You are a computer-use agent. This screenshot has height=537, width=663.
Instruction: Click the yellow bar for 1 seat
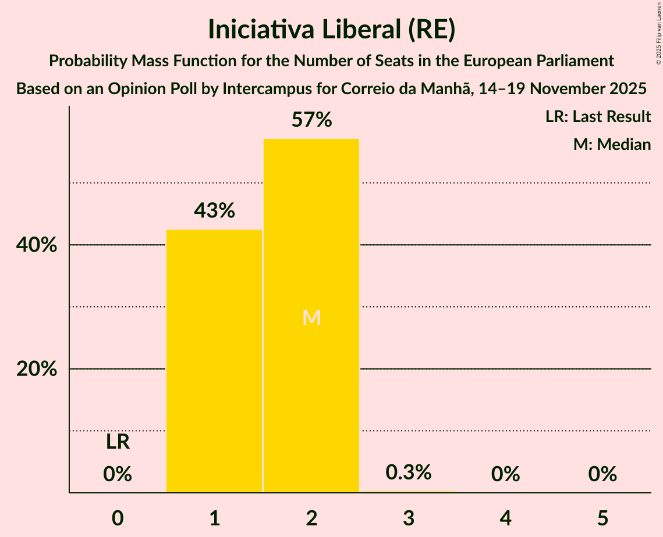214,361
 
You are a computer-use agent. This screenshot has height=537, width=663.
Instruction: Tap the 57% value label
311,120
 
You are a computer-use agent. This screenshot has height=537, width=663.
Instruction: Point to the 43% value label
214,211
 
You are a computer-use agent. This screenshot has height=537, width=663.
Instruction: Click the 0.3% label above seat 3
409,472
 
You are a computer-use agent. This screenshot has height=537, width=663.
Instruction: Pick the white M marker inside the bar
311,317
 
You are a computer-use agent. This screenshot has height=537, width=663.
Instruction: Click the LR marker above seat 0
118,442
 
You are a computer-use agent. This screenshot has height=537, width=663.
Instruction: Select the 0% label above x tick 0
118,474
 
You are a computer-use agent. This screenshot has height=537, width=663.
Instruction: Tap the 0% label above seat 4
505,474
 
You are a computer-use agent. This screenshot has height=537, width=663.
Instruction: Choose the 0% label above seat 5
602,474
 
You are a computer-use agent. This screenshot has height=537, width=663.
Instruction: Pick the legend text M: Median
612,144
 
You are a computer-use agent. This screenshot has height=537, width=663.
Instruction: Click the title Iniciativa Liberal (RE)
331,30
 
